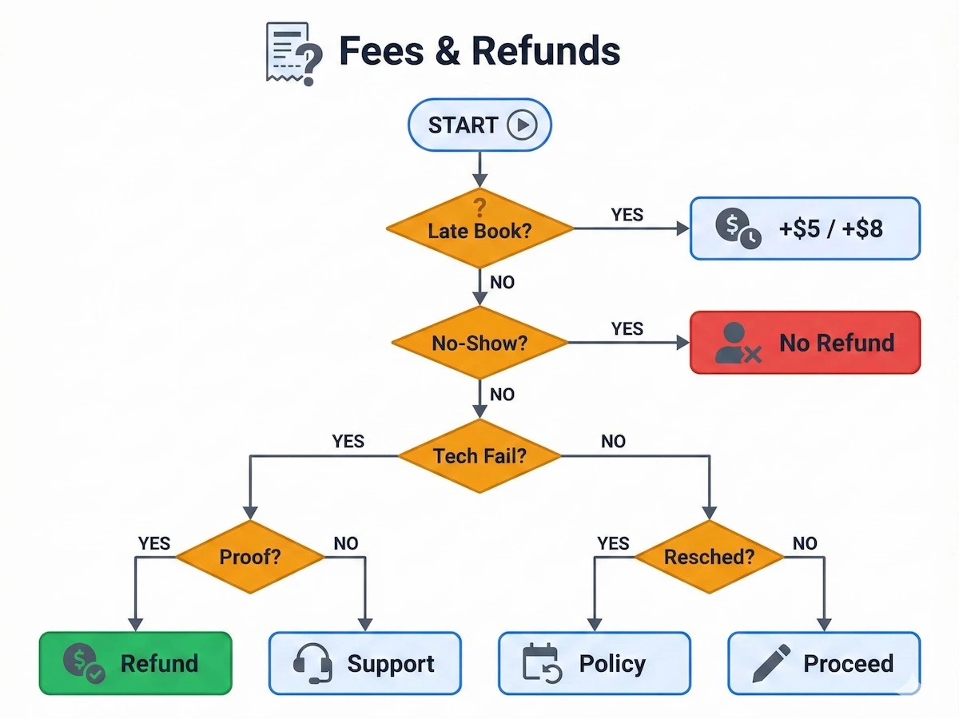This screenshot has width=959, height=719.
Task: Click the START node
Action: coord(479,125)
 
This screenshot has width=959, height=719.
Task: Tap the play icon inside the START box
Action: coord(522,125)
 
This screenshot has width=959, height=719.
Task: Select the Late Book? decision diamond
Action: coord(479,229)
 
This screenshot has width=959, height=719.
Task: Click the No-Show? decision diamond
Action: coord(479,343)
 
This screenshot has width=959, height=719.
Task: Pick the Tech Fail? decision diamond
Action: coord(479,456)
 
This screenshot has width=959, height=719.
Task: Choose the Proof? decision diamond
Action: coord(250,556)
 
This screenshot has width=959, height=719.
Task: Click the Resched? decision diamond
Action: coord(709,556)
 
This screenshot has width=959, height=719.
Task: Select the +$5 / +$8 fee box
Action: coord(805,228)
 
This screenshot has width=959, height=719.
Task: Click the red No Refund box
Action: coord(805,343)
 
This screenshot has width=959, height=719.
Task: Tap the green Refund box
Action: coord(135,663)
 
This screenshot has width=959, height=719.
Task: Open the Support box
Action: coord(364,663)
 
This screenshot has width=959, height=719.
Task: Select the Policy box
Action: coord(594,663)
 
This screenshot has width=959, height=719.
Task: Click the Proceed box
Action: coord(824,663)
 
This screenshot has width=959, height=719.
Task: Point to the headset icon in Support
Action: coord(312,663)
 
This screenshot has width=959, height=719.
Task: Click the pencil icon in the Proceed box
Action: coord(771,663)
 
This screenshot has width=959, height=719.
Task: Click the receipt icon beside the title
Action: coord(292,52)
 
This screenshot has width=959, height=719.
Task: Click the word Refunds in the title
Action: coord(545,51)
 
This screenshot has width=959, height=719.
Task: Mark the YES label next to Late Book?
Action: coord(627,214)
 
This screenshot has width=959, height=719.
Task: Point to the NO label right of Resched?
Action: coord(805,543)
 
